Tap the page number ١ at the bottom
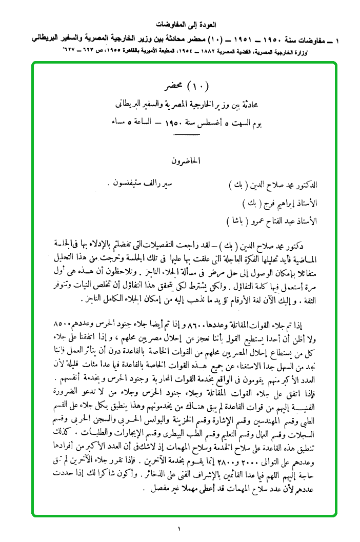(x=180, y=529)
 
